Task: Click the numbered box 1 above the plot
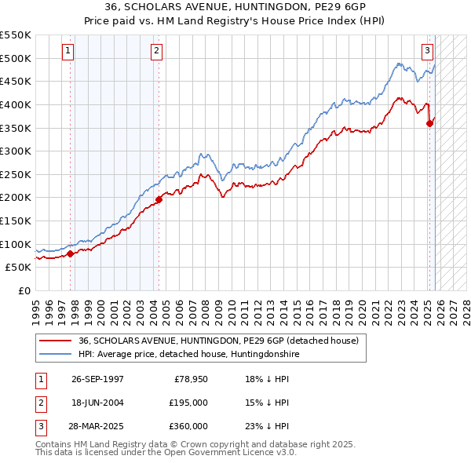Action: (68, 51)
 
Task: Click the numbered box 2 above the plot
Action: (156, 51)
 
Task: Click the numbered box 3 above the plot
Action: (427, 51)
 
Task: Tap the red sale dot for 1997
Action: (71, 253)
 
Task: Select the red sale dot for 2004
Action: (159, 199)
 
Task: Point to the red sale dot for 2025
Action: (430, 122)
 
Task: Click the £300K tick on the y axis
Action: (15, 151)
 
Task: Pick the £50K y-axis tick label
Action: (18, 267)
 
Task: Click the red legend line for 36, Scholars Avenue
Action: (56, 341)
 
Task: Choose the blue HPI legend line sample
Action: (56, 355)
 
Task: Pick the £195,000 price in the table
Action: (188, 403)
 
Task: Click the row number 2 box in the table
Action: (38, 403)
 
